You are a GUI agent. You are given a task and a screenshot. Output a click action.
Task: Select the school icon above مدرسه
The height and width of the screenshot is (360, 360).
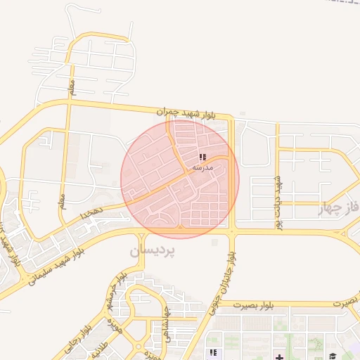(202, 157)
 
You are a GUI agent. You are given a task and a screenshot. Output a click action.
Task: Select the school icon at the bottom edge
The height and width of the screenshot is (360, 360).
(211, 352)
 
